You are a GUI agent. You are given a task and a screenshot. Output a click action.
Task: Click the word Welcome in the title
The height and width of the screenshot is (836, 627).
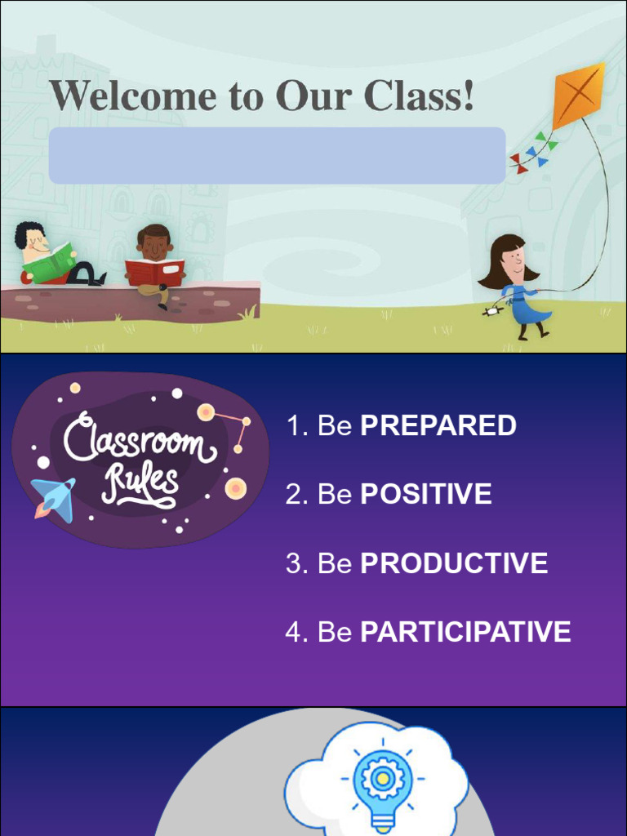(x=132, y=96)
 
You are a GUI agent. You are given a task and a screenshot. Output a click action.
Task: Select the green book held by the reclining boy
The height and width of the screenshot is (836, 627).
(x=50, y=264)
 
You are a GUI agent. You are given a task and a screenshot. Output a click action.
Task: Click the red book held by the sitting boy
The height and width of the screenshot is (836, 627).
(x=154, y=272)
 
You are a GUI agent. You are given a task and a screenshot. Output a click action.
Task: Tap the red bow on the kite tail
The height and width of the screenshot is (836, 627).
(x=518, y=161)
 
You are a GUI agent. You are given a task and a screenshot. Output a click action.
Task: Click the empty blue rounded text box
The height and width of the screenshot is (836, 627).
(x=277, y=155)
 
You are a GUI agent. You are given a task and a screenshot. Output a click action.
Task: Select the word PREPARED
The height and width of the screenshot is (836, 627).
(x=438, y=425)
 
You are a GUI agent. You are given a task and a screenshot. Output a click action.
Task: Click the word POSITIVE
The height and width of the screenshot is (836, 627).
(x=425, y=494)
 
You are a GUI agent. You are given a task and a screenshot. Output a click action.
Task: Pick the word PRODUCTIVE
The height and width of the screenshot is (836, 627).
(x=454, y=563)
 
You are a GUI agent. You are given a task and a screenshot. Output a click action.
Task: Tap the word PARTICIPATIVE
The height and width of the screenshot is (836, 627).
(x=465, y=632)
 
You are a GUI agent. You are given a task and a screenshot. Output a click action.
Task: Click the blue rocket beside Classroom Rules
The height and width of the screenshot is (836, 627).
(x=55, y=497)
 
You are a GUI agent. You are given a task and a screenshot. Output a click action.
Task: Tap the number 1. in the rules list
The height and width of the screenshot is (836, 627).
(x=296, y=425)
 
